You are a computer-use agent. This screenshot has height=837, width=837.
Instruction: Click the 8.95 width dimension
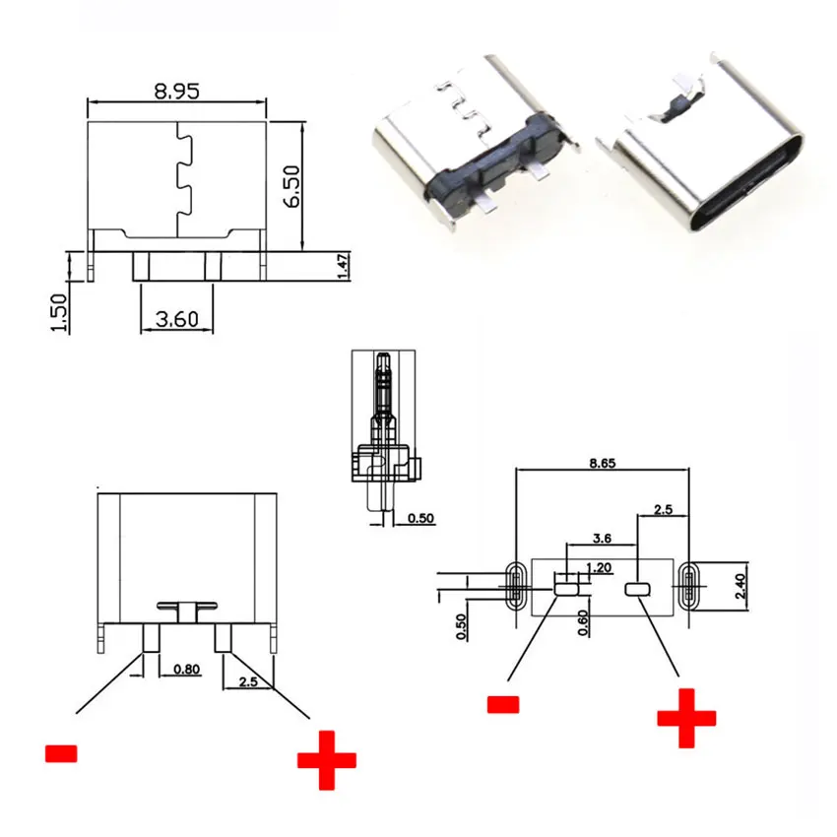click(176, 91)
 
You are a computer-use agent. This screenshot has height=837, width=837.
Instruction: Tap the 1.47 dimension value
click(343, 266)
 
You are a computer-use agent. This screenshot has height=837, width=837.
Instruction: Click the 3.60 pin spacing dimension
click(177, 318)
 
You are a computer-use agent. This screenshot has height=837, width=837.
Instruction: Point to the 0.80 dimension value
click(187, 670)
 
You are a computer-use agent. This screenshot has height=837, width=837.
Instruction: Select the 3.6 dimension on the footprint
click(602, 539)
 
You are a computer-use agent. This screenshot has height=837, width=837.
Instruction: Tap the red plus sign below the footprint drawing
click(687, 718)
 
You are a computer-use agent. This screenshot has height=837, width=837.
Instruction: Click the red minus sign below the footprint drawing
click(502, 704)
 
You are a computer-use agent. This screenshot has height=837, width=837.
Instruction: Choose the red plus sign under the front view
click(326, 759)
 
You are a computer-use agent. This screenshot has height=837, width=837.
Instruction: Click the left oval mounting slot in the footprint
click(514, 588)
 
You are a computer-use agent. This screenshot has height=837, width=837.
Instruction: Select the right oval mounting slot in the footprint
click(687, 588)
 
